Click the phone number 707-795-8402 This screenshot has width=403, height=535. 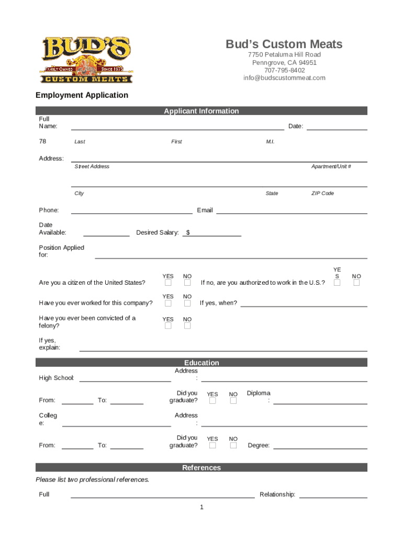(x=284, y=70)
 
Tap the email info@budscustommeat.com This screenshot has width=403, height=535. (x=284, y=78)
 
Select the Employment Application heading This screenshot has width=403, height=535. (x=82, y=95)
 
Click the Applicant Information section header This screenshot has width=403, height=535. (x=201, y=111)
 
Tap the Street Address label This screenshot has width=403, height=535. (x=92, y=166)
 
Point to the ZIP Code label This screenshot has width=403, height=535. (x=322, y=193)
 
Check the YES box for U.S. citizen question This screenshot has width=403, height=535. (x=168, y=283)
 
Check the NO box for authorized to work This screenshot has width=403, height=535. (x=356, y=283)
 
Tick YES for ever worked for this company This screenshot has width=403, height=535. (x=168, y=303)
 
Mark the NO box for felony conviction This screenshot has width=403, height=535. (x=187, y=325)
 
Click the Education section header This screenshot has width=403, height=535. (x=201, y=363)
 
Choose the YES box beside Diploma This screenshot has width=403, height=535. (x=212, y=401)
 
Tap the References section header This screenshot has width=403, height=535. (x=201, y=468)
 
